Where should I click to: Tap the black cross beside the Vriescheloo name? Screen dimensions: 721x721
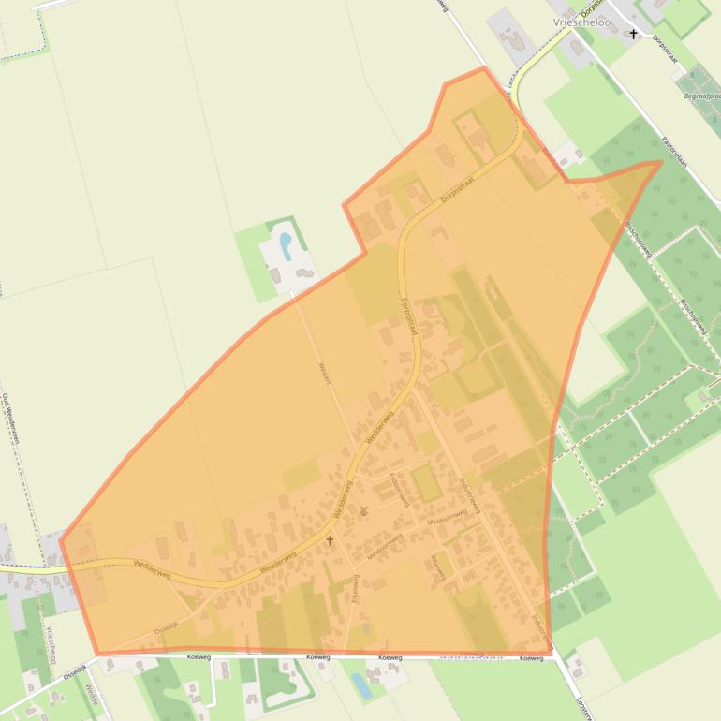(x=634, y=35)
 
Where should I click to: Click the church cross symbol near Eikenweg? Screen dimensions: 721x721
(x=330, y=540)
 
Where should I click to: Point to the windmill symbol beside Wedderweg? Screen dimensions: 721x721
(x=364, y=511)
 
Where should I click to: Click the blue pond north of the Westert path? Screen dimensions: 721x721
(x=285, y=245)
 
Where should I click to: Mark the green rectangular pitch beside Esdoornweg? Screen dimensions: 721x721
(x=427, y=483)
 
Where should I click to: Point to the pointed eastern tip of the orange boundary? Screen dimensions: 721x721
(x=661, y=162)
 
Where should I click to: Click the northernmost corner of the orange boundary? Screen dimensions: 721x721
(x=484, y=68)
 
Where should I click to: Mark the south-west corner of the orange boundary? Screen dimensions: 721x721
(x=96, y=653)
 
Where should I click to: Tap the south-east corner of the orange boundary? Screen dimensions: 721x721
(x=550, y=651)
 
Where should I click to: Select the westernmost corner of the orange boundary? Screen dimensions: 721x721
(x=61, y=540)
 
